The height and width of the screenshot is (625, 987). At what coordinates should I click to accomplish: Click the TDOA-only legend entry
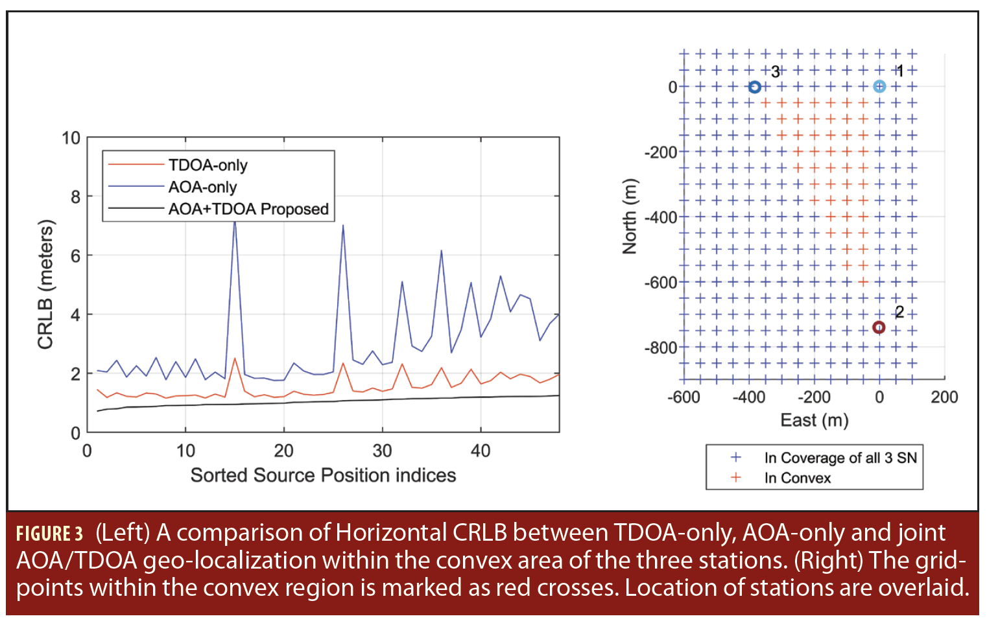coord(208,165)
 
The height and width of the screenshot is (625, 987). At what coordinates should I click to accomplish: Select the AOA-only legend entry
coord(202,187)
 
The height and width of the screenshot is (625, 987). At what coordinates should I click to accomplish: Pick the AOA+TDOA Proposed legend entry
coord(248,209)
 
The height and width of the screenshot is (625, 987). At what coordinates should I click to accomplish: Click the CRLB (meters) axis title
coord(45,285)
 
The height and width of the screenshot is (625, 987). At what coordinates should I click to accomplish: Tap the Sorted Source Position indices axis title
coord(323,475)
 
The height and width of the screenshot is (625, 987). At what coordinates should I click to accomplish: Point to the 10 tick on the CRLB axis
coord(71,138)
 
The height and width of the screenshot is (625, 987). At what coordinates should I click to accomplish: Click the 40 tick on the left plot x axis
coord(480,451)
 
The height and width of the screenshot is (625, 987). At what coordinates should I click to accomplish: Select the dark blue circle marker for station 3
coord(754,87)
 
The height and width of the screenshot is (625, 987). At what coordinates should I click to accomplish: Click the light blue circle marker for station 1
coord(879,86)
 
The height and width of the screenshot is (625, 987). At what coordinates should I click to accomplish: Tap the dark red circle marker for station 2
coord(879,327)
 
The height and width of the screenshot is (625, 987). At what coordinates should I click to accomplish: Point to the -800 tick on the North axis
coord(660,348)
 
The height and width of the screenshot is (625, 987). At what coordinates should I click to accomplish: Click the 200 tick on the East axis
coord(944,397)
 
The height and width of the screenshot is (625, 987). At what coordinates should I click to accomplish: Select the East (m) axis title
coord(814,421)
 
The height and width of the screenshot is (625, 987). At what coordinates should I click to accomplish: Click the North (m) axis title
coord(629,216)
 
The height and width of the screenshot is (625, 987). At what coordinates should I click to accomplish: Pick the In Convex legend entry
coord(797,478)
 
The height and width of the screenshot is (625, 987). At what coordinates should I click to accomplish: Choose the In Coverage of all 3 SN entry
coord(840,458)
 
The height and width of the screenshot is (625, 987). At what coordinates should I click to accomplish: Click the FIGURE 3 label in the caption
coord(50,534)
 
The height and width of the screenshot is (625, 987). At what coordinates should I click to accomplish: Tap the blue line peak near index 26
coord(343,226)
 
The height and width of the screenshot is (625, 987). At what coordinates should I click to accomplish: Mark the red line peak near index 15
coord(235,358)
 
